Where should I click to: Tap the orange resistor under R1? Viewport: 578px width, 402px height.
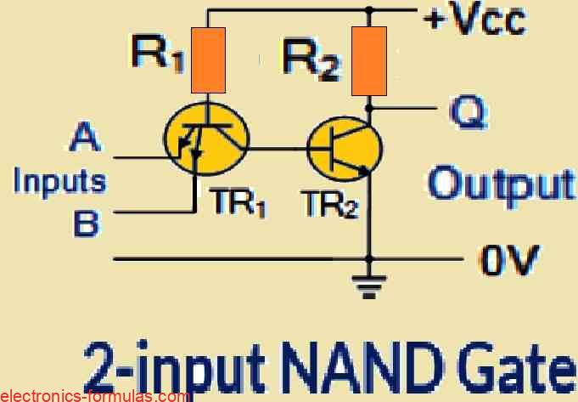coord(208,59)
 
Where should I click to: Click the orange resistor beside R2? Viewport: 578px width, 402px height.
coord(369,60)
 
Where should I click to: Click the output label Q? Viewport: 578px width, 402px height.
coord(461,114)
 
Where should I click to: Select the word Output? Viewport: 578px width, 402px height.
coord(501,184)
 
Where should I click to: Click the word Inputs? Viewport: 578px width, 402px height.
coord(60,181)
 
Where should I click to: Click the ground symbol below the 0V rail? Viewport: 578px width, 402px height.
coord(369,290)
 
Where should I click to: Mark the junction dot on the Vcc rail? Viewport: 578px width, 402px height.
coord(369,11)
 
